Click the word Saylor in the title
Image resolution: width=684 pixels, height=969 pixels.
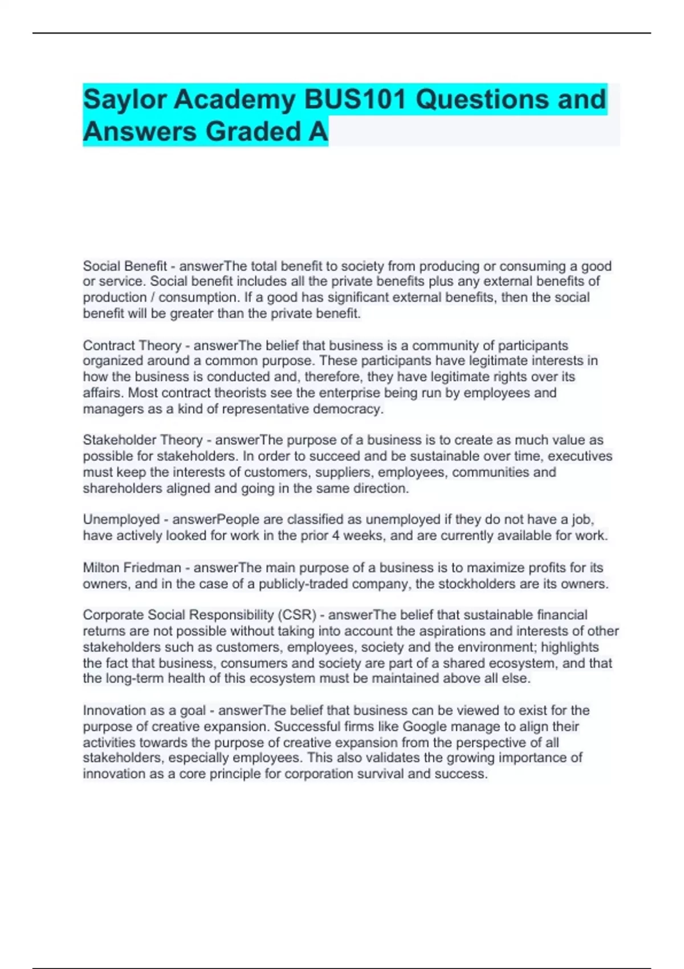124,100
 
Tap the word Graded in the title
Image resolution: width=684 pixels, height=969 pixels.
253,132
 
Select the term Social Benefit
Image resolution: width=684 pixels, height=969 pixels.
125,266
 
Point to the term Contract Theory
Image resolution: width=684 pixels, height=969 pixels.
132,345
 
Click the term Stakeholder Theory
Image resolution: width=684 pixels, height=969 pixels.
142,440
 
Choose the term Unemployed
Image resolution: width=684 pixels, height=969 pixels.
121,519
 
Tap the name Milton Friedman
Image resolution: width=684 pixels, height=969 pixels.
132,568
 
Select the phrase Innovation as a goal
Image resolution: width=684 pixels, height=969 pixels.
144,710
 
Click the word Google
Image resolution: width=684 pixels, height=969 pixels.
425,726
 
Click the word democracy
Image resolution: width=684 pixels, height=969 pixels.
354,409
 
